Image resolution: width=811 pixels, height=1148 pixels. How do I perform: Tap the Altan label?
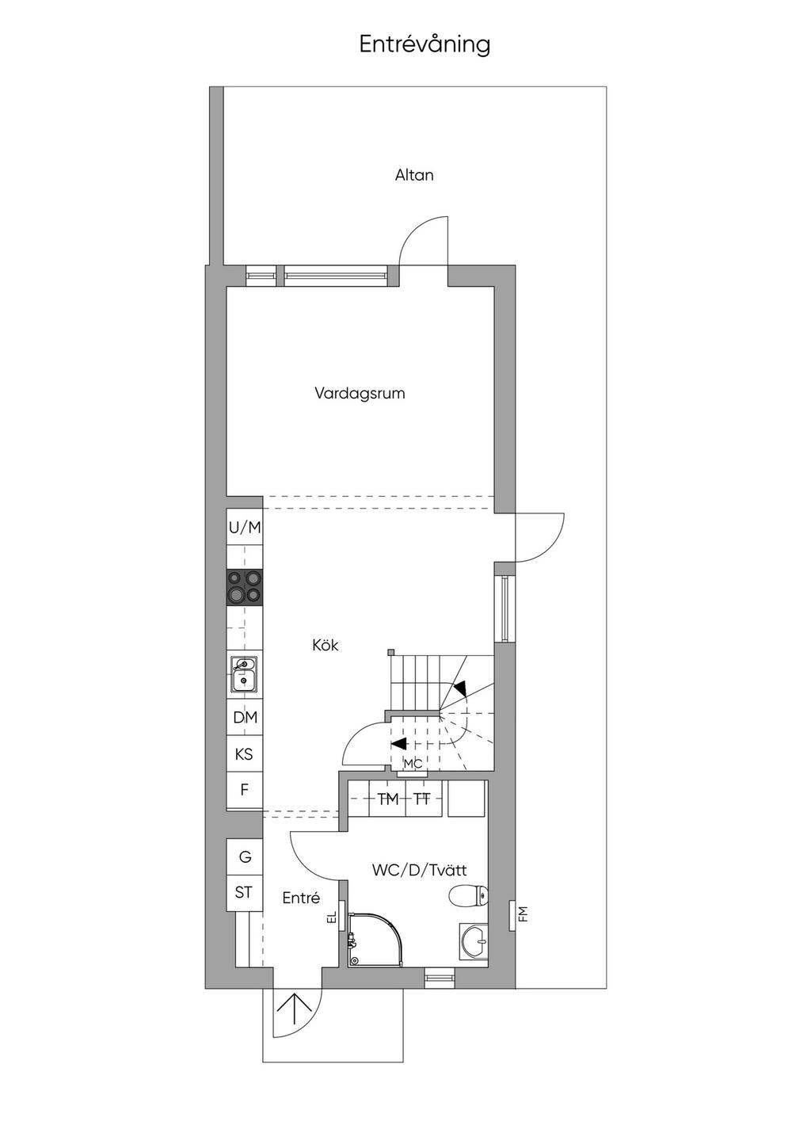[x=414, y=175]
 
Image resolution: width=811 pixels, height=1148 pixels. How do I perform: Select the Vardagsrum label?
[x=360, y=394]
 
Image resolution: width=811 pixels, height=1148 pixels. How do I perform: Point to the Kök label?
[x=326, y=645]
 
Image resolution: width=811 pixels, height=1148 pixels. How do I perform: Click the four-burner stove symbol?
[x=245, y=587]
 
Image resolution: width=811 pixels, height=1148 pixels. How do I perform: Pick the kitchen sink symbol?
[x=245, y=674]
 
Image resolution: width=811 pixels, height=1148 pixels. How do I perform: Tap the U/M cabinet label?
[x=245, y=528]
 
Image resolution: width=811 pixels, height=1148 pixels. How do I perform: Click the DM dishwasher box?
[x=245, y=717]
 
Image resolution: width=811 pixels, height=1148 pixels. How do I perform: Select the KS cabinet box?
[x=245, y=754]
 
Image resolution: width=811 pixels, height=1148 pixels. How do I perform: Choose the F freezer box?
[x=245, y=790]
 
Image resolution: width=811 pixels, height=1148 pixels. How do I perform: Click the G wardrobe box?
[x=245, y=856]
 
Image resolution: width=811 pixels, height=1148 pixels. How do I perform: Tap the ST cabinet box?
[x=245, y=893]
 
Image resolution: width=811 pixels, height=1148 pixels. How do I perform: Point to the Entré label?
[x=301, y=898]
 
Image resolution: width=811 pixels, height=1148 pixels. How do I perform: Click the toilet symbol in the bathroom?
[x=467, y=895]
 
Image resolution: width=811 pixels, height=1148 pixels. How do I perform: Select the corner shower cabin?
[x=372, y=939]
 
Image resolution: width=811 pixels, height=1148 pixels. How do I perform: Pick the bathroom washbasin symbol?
[x=474, y=941]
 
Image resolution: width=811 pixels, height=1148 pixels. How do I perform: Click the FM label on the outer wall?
[x=523, y=913]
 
